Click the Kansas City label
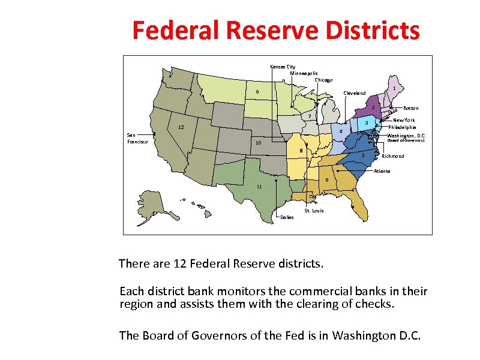283,67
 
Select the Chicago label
323,80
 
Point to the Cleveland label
354,93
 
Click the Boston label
410,109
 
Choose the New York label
404,120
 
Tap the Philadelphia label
402,127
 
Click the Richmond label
393,156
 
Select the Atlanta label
382,171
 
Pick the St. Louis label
314,211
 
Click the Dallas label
287,217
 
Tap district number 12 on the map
180,127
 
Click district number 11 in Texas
259,187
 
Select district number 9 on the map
256,92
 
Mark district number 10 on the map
259,143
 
